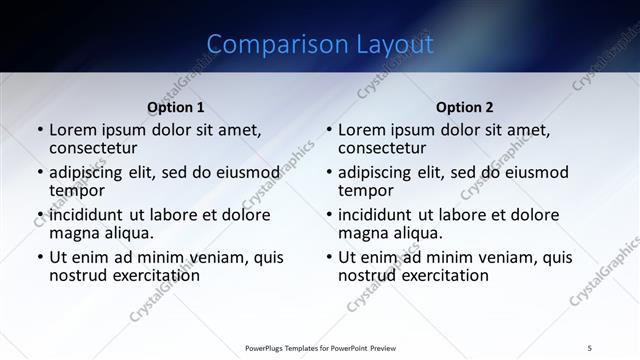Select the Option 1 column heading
point(175,107)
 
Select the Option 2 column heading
point(464,107)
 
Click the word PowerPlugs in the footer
point(267,347)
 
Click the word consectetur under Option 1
point(93,148)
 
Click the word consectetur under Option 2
point(382,148)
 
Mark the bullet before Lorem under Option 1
point(40,130)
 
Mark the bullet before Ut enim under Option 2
point(329,257)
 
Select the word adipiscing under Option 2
point(378,172)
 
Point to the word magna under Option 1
point(74,233)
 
